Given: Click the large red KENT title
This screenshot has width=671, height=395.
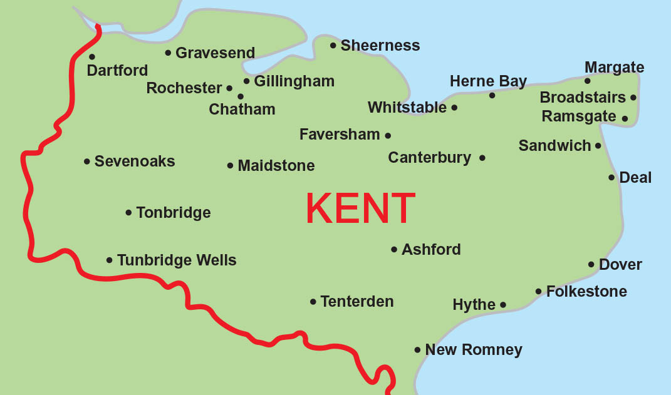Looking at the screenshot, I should point(360,208).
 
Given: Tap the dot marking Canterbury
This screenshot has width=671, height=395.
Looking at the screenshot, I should point(482,158).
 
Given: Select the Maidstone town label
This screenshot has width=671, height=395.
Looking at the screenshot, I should point(276,166).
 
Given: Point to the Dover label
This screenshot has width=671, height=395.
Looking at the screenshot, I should point(620,265).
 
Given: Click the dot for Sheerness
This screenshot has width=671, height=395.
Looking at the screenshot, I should point(333,45).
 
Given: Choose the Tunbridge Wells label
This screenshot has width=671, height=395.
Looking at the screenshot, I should point(177,260).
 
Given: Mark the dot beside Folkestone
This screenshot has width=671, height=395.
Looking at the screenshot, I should point(538,291).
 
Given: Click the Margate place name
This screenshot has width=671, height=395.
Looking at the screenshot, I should point(614,68).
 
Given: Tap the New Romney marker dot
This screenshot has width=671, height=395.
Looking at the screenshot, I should point(417,350).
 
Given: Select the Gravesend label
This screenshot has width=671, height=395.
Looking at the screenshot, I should point(215,53).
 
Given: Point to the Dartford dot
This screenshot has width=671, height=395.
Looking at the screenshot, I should point(92,57).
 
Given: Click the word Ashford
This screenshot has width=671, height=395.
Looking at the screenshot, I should point(431,250).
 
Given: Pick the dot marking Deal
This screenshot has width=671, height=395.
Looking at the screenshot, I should point(611,178).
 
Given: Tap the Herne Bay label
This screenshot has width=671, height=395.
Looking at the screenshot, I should point(488,81).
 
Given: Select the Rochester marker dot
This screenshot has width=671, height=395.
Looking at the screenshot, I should point(229,88).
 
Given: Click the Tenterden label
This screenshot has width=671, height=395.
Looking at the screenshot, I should point(356,302).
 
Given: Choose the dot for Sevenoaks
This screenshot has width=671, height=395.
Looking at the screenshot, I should point(87,162).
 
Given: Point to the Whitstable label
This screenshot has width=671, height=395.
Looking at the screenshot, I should point(407,108).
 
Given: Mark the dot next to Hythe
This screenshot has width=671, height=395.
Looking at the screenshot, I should point(503,305).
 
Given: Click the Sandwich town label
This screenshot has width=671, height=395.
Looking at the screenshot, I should point(554,146).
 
